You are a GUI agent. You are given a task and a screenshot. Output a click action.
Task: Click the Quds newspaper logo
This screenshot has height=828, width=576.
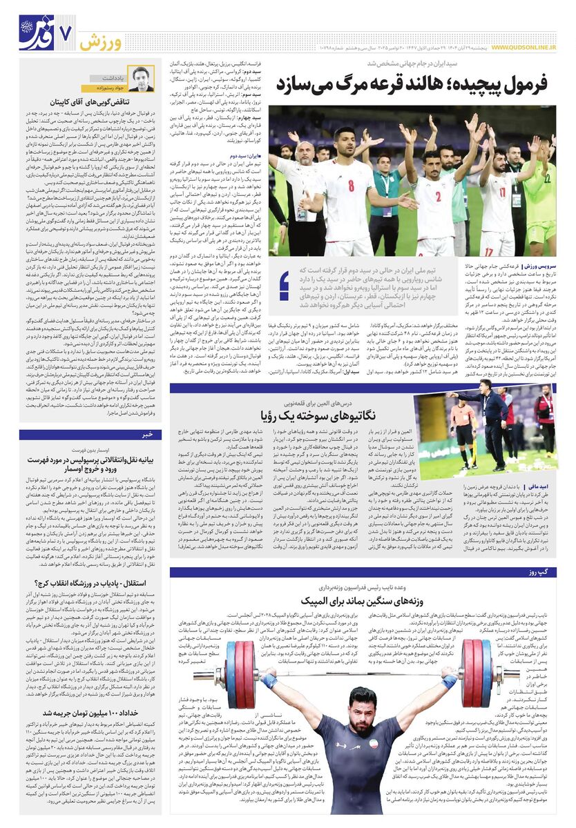[35, 31]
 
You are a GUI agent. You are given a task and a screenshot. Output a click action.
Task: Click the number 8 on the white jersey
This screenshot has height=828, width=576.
[351, 185]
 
